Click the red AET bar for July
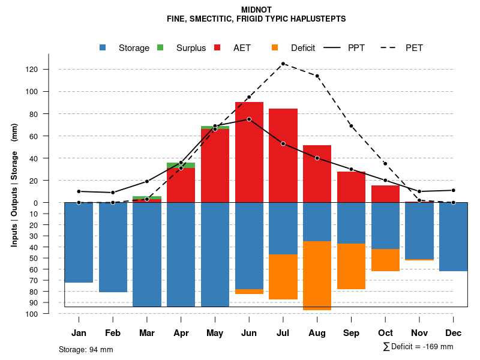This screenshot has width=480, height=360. (x=283, y=155)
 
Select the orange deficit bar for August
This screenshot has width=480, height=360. (x=317, y=275)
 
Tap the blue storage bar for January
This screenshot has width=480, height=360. (x=79, y=242)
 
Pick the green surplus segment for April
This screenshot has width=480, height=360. (x=181, y=165)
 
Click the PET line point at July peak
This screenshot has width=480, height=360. (x=283, y=64)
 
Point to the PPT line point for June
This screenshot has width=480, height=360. (x=249, y=119)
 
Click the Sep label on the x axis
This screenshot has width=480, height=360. (x=352, y=333)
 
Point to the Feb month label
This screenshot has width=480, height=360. (x=113, y=333)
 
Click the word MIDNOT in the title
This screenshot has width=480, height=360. (x=256, y=10)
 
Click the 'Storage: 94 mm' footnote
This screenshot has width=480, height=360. (x=86, y=349)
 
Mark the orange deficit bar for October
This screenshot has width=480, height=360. (x=386, y=260)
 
